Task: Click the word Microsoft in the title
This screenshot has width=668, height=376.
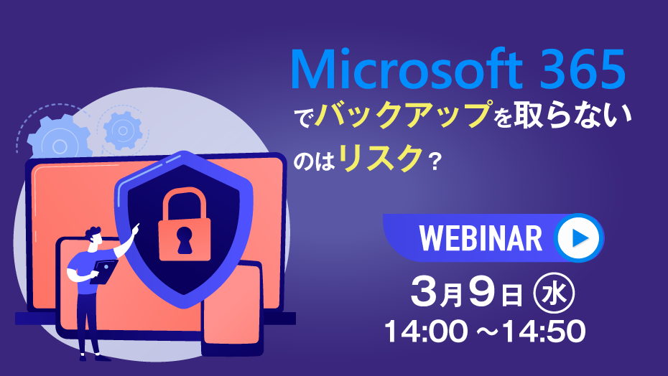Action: click(x=407, y=69)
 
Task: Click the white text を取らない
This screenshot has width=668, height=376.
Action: click(x=563, y=115)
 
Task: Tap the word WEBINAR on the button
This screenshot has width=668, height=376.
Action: click(x=481, y=238)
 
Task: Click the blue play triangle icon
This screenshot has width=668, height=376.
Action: click(x=580, y=238)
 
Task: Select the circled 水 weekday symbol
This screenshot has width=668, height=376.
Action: click(x=554, y=293)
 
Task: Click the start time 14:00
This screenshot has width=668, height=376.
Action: click(x=426, y=331)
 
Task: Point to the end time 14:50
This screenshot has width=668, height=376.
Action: click(x=544, y=331)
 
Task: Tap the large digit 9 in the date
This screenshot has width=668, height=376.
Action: click(x=482, y=293)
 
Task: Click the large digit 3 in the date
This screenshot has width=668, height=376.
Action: click(x=425, y=293)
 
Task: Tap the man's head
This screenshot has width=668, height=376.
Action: click(x=94, y=238)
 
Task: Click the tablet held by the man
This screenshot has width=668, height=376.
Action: click(x=104, y=271)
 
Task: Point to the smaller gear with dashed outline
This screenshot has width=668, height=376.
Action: click(x=123, y=131)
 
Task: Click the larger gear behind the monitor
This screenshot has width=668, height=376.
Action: click(x=60, y=139)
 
